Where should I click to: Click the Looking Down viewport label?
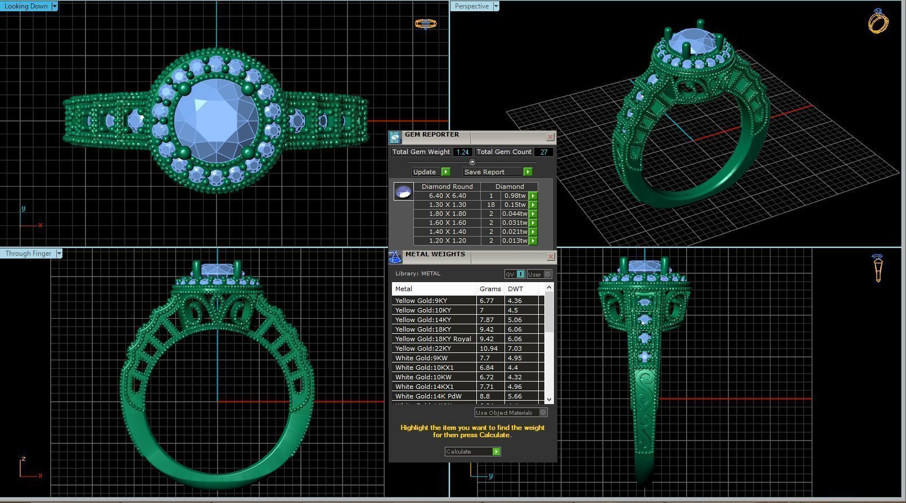click(26, 6)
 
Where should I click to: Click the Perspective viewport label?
click(471, 6)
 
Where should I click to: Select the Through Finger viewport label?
click(28, 253)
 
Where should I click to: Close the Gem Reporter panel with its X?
click(550, 137)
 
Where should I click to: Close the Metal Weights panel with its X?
click(550, 256)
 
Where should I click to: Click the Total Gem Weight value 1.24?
click(462, 152)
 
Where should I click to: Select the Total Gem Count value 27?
click(544, 152)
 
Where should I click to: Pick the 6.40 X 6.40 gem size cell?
click(447, 196)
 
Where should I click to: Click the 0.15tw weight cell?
click(514, 205)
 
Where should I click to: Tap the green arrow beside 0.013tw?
click(533, 241)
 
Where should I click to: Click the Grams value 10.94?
click(488, 348)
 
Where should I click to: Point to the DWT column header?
click(515, 289)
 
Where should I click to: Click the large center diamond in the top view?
click(217, 119)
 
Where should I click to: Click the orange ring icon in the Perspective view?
click(878, 22)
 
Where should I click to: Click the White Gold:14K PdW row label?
click(428, 396)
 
